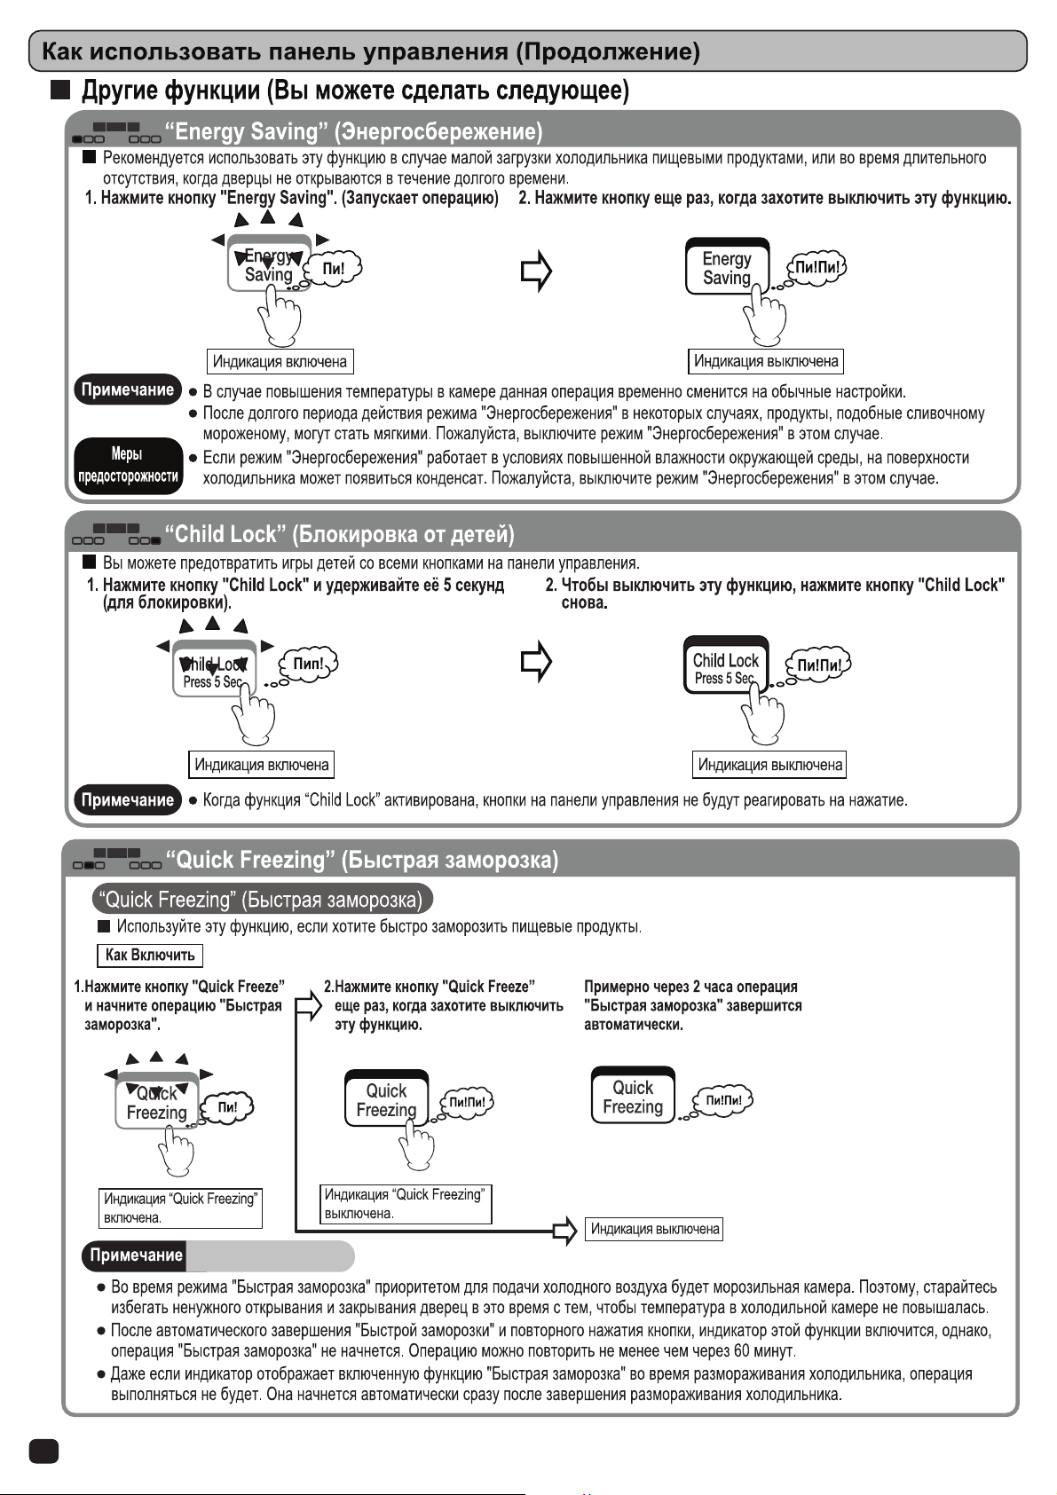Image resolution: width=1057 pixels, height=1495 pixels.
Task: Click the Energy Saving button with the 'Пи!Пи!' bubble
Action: click(727, 267)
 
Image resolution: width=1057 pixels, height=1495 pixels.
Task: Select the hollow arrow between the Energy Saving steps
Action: click(536, 272)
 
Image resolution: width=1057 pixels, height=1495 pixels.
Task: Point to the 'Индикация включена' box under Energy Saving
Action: click(280, 362)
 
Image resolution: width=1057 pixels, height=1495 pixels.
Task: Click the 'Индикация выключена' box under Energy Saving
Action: click(766, 361)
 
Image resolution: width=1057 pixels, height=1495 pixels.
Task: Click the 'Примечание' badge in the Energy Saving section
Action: click(128, 390)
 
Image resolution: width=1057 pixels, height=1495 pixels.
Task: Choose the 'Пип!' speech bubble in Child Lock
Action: click(308, 664)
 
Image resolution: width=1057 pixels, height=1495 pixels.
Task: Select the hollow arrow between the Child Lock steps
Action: click(536, 662)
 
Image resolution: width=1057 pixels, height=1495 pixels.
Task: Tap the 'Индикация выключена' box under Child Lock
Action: click(769, 765)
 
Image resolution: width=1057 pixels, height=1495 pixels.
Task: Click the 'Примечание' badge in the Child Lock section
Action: click(128, 800)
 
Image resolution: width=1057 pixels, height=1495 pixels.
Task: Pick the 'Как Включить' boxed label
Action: click(149, 956)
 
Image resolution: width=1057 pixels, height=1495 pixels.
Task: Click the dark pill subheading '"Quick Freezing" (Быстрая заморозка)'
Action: click(263, 900)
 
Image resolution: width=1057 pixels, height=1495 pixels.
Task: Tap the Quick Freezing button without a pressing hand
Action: click(633, 1097)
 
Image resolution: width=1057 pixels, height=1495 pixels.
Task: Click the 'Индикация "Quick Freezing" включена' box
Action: click(181, 1208)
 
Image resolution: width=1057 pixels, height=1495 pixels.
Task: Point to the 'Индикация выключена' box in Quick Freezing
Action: click(655, 1230)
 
